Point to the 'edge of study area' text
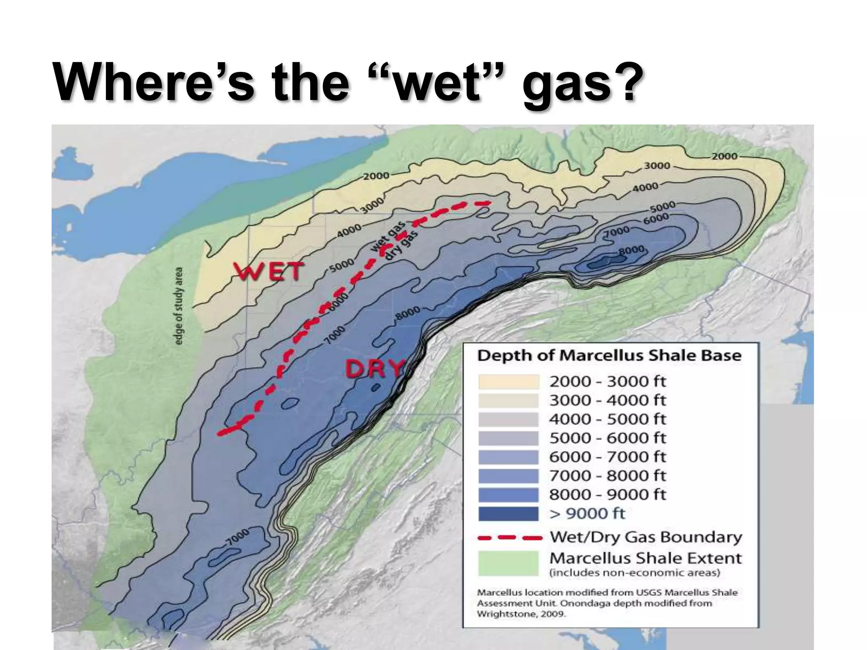tap(179, 306)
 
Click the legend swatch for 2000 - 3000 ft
tap(508, 382)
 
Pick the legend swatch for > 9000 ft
tap(508, 514)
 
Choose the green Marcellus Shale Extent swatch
tap(508, 563)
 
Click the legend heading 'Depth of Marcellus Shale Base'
tap(609, 355)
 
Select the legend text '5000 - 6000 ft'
tap(607, 438)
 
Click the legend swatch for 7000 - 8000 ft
tap(508, 476)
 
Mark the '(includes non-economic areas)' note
tap(635, 573)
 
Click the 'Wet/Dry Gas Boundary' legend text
tap(646, 537)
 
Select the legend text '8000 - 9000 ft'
tap(607, 494)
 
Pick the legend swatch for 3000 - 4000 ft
tap(508, 400)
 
